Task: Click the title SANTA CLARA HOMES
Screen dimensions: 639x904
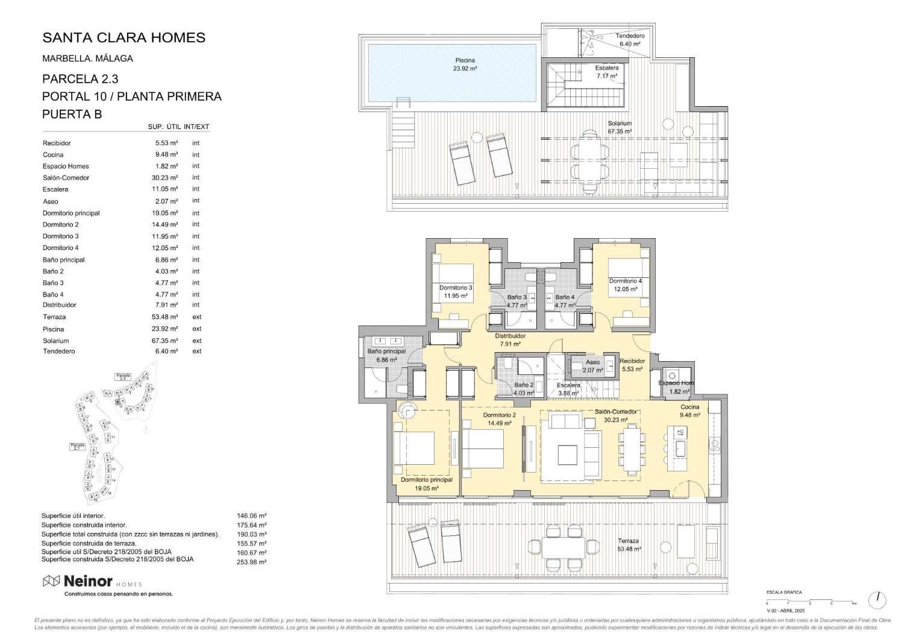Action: pos(124,37)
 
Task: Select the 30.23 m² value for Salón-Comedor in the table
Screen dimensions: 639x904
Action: pos(166,178)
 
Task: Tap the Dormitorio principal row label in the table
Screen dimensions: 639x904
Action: pos(71,213)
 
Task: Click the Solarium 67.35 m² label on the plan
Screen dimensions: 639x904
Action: pos(620,127)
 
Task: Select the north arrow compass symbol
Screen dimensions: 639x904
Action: pos(877,599)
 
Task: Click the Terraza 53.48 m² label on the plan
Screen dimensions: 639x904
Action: pos(628,545)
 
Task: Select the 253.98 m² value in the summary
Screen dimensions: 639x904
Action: pos(252,562)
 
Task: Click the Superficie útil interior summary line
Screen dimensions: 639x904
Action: pos(73,516)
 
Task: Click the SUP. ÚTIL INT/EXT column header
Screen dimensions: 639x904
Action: pos(178,127)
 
